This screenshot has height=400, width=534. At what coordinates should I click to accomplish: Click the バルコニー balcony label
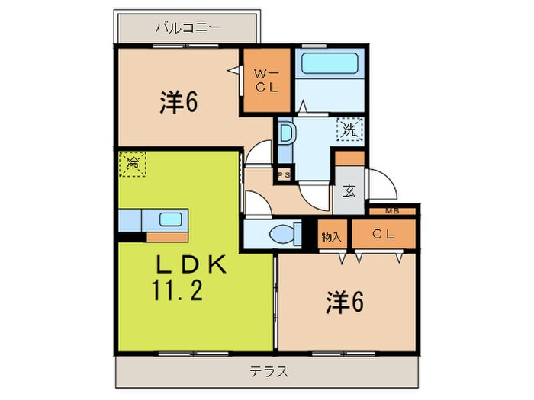(x=188, y=28)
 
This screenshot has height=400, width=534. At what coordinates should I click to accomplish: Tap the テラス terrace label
(x=268, y=372)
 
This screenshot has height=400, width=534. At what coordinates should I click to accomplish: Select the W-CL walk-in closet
(x=266, y=81)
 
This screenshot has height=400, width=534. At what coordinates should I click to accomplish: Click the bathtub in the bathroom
(x=330, y=63)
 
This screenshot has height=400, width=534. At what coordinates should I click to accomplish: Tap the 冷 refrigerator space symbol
(x=133, y=163)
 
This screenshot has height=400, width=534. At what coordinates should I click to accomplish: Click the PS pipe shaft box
(x=283, y=175)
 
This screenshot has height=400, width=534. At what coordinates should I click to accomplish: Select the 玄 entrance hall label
(x=348, y=191)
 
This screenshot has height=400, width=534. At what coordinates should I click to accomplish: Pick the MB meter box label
(x=391, y=210)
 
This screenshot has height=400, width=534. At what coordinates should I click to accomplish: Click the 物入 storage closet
(x=331, y=235)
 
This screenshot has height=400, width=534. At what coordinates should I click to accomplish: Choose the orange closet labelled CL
(x=383, y=235)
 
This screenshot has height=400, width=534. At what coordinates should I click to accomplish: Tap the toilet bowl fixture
(x=281, y=233)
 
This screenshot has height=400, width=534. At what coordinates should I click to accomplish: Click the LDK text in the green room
(x=191, y=264)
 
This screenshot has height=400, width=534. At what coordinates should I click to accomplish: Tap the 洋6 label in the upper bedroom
(x=179, y=103)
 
